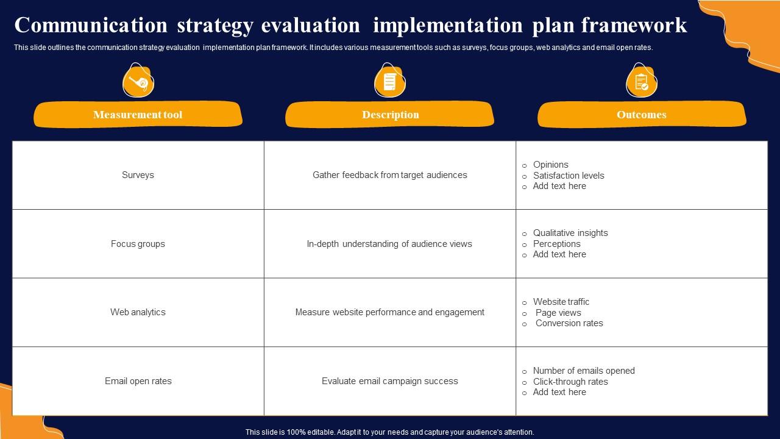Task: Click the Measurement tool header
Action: point(138,114)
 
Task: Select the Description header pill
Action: point(389,114)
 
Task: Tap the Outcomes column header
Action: point(642,114)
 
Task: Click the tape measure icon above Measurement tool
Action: point(138,81)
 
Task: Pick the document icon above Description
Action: point(389,81)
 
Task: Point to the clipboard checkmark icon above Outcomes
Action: point(642,81)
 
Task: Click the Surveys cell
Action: point(138,175)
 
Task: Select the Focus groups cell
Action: point(138,244)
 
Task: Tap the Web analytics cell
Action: point(138,312)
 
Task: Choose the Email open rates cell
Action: point(138,381)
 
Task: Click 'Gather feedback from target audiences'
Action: point(389,175)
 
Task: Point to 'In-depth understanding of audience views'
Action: point(389,244)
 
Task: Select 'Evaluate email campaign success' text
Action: point(389,381)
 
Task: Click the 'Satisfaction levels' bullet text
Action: point(569,175)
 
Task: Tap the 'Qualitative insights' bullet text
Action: point(570,233)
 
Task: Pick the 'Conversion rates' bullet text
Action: point(569,323)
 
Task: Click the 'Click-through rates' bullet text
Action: point(570,382)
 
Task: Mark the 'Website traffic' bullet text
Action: point(561,301)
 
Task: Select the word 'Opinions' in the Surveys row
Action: point(550,165)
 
